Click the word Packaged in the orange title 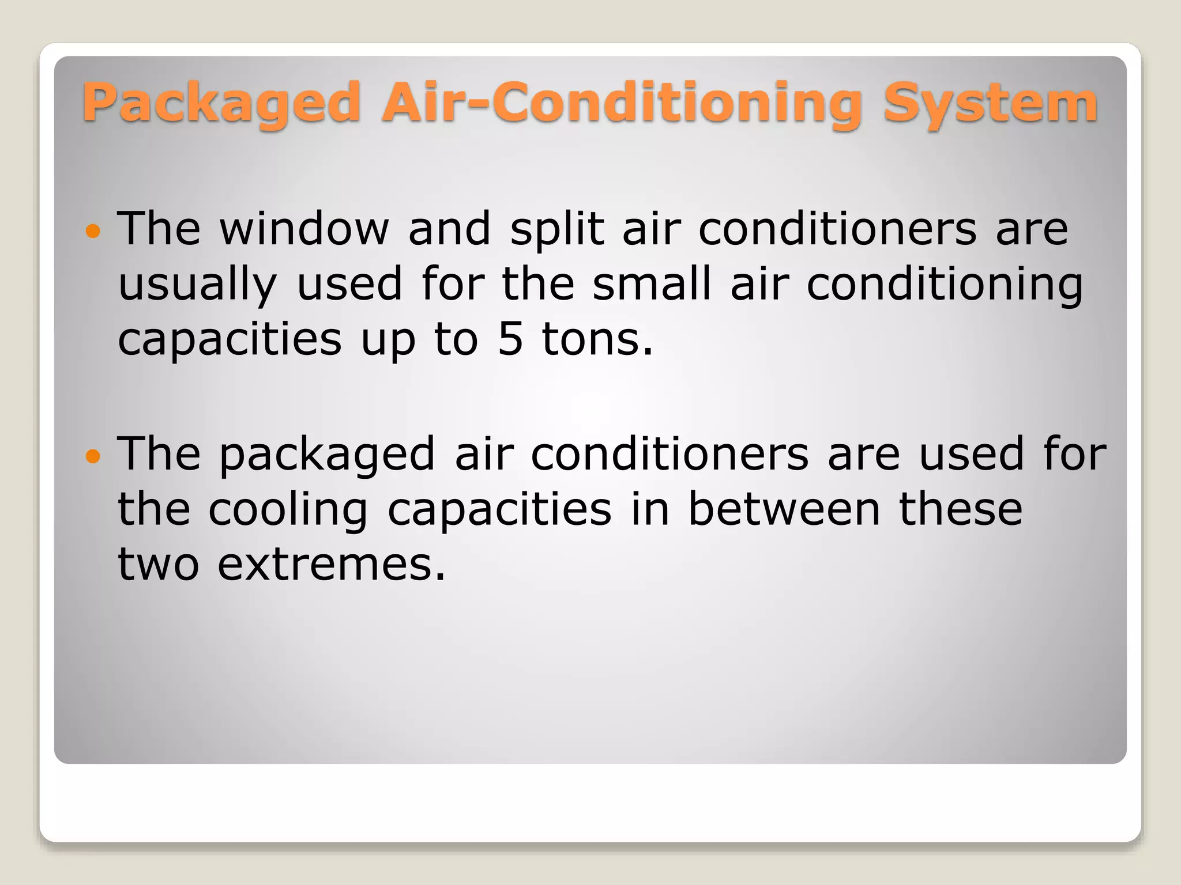(221, 104)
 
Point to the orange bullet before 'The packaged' (93, 457)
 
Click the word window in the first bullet (304, 229)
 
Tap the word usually (197, 285)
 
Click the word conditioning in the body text (945, 285)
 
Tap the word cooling (288, 510)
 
